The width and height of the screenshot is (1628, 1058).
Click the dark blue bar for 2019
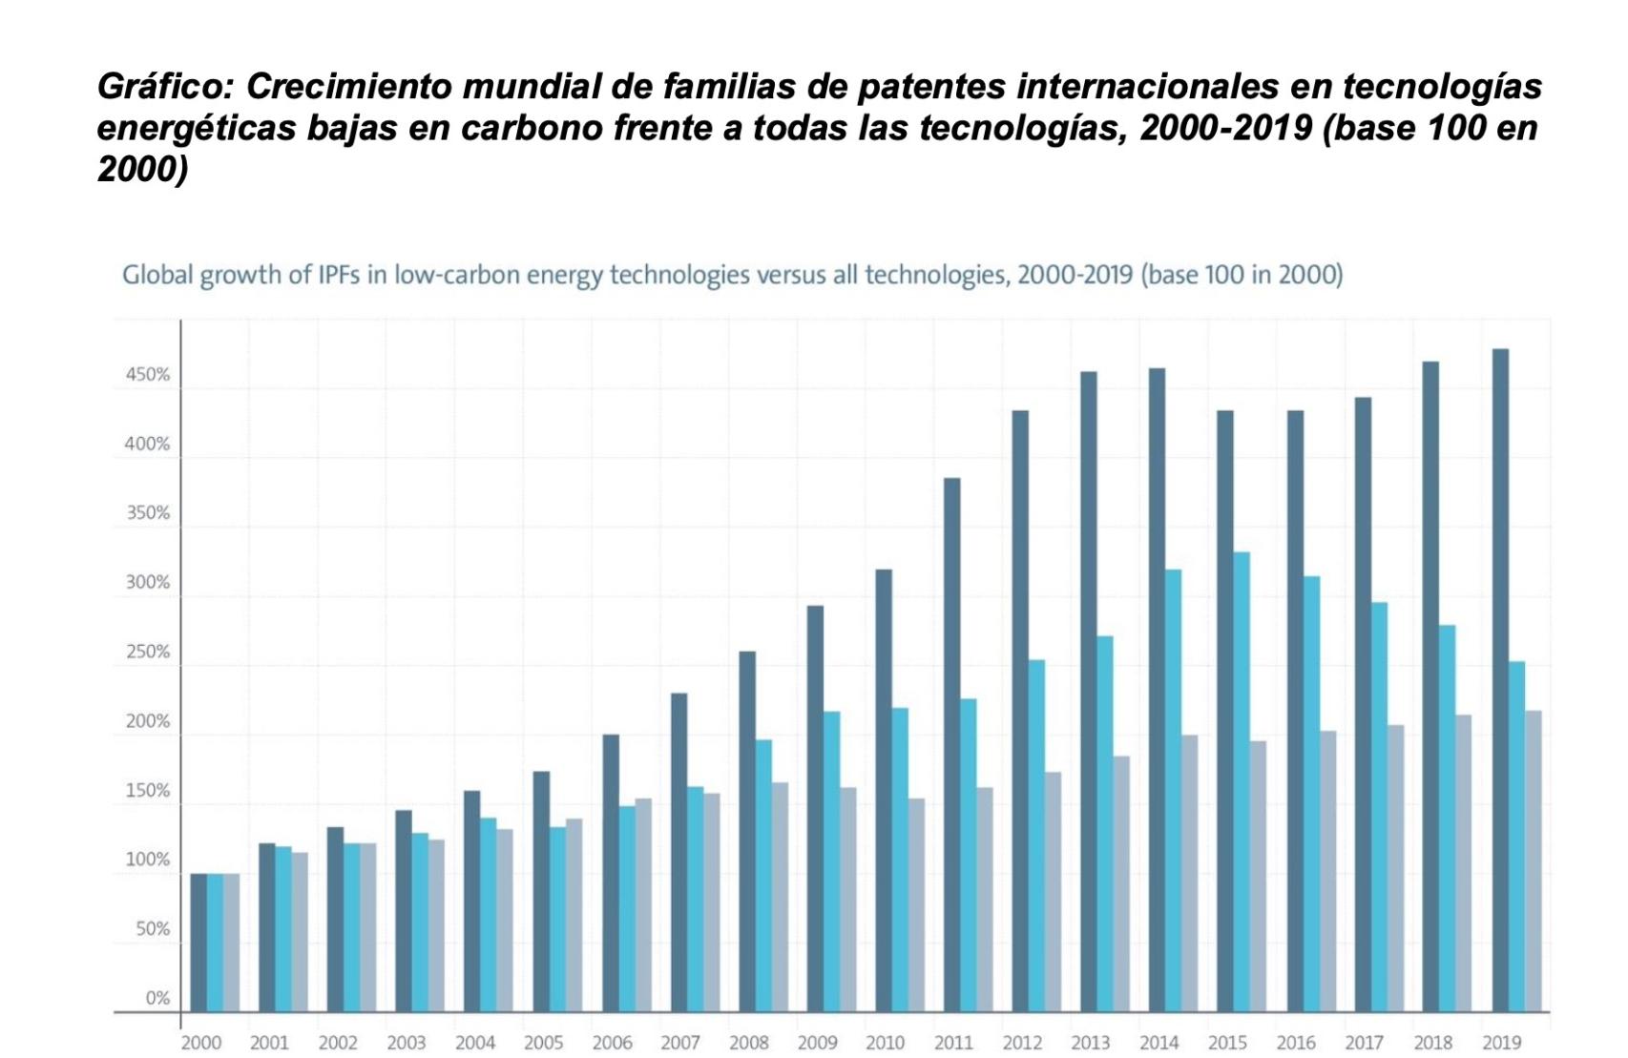[x=1500, y=679]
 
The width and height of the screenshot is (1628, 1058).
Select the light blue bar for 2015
[x=1242, y=781]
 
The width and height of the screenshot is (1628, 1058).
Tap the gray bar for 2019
[x=1534, y=861]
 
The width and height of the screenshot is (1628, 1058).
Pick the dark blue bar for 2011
[x=952, y=744]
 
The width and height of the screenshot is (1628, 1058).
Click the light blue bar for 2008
[x=763, y=875]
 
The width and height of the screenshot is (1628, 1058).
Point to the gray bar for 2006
[x=643, y=904]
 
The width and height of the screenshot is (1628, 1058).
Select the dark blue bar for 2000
[x=198, y=942]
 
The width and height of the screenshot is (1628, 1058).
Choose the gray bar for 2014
[x=1190, y=873]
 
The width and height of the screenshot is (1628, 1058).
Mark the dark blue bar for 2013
[x=1089, y=691]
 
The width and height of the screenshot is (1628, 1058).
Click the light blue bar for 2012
[x=1036, y=835]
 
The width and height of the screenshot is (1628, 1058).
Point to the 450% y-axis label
[x=147, y=375]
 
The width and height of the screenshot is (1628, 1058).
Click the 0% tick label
[x=157, y=998]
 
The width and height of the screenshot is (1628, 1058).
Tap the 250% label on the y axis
[x=147, y=653]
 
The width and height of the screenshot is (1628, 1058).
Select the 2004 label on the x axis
[x=474, y=1043]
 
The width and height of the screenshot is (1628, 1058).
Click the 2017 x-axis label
[x=1365, y=1043]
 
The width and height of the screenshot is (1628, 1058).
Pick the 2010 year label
[x=885, y=1043]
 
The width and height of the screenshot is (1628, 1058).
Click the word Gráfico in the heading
[x=164, y=87]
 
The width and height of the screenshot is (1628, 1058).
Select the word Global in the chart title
[x=156, y=276]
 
